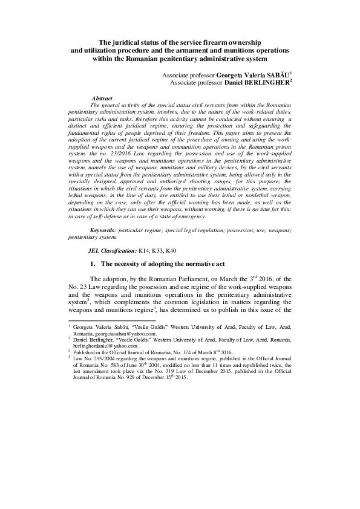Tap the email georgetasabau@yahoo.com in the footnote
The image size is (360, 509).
click(x=128, y=333)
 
